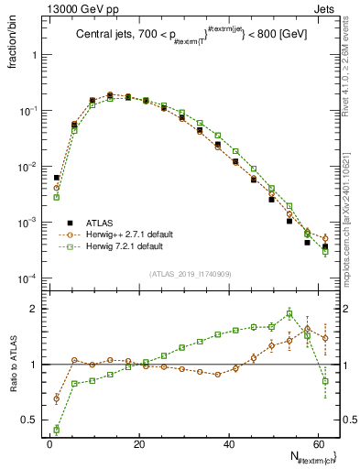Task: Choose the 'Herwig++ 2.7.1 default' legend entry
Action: coord(136,234)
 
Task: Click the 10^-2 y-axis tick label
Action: coord(31,167)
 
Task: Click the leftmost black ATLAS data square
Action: coord(57,178)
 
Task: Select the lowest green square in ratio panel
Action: coord(57,429)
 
